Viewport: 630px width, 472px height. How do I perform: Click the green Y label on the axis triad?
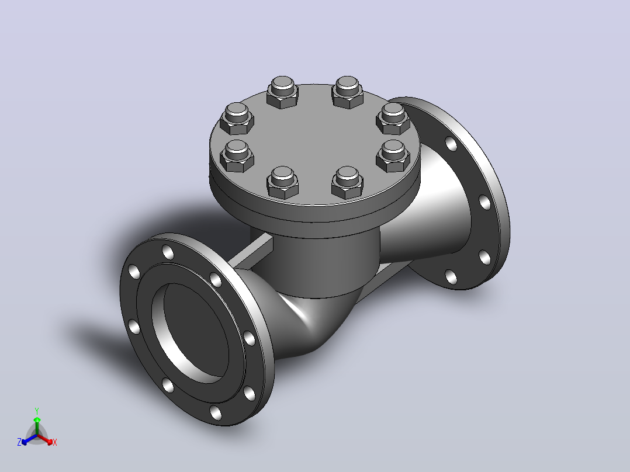(x=37, y=411)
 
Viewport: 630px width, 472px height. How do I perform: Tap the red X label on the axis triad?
(x=55, y=442)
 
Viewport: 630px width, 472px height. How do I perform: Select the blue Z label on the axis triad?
(x=19, y=442)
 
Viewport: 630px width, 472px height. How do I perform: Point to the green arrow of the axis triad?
(x=37, y=426)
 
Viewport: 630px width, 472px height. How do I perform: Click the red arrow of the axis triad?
(x=46, y=439)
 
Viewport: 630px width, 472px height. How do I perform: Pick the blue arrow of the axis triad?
(x=29, y=439)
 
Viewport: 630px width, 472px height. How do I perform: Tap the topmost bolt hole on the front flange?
(x=168, y=252)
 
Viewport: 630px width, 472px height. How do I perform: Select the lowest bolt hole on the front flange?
(x=215, y=412)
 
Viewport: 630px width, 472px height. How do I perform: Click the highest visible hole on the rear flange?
(x=451, y=143)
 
